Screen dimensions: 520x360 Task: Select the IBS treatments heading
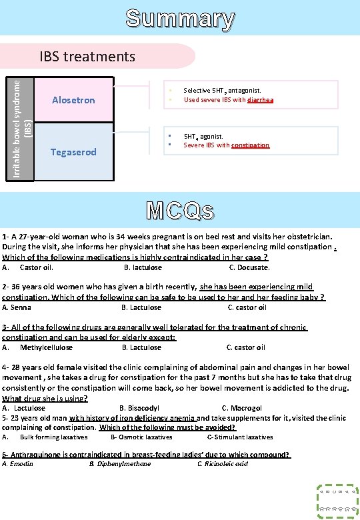[x=87, y=56]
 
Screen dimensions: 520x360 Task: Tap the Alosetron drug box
[x=73, y=100]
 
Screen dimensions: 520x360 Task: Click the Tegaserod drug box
[x=73, y=152]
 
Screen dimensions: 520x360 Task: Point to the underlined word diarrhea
[x=260, y=100]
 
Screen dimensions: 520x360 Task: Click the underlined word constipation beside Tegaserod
[x=250, y=145]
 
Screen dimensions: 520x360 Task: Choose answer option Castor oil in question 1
[x=36, y=267]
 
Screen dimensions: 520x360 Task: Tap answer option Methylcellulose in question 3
[x=46, y=347]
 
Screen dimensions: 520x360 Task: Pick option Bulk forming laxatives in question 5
[x=53, y=437]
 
